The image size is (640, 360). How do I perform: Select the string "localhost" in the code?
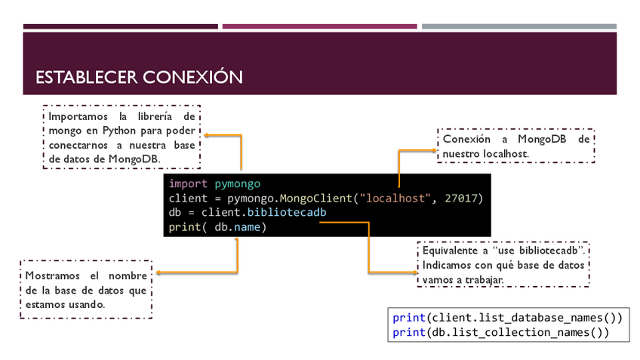click(394, 198)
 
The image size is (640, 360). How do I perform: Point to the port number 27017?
click(459, 198)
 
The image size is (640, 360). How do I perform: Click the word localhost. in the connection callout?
click(496, 153)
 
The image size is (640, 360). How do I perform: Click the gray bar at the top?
click(518, 26)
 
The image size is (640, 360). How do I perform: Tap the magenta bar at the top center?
click(319, 26)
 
